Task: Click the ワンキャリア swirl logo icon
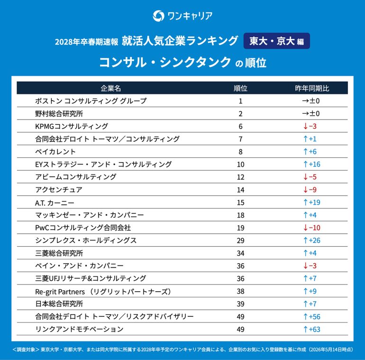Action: pos(158,16)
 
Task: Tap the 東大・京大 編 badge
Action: pos(276,41)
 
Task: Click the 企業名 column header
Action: pos(111,88)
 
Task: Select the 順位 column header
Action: pos(240,88)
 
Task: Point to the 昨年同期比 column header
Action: pos(312,88)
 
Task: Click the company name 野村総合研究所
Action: pos(59,114)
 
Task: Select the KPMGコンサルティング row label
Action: pos(72,126)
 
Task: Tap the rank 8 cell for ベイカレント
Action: pos(240,152)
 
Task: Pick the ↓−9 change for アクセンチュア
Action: pos(310,190)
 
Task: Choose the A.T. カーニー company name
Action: pos(55,203)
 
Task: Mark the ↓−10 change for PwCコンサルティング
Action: pos(312,228)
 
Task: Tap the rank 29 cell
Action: pos(240,240)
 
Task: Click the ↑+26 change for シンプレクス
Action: pos(312,240)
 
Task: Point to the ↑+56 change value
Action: pos(312,317)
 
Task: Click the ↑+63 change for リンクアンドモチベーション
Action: pos(312,329)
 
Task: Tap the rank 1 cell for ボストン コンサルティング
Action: pos(240,101)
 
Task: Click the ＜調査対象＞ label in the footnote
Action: pos(26,350)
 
